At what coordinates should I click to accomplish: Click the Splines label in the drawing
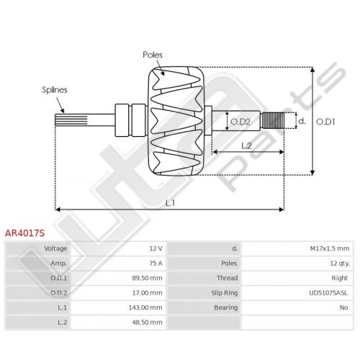55,90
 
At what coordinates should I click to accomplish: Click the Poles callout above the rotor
153,55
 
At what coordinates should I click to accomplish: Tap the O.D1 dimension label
325,122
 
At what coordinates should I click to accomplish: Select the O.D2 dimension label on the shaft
240,122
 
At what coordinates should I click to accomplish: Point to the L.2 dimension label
246,145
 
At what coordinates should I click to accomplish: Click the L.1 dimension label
170,203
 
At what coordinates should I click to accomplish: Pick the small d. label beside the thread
302,121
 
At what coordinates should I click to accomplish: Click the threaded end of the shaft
273,120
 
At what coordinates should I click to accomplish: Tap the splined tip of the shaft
71,120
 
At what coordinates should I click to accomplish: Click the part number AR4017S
24,233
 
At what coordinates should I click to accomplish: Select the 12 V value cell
156,248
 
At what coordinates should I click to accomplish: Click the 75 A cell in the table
156,264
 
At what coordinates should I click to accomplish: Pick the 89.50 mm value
147,278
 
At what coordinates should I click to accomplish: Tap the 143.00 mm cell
145,307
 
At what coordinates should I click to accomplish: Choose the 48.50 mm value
147,322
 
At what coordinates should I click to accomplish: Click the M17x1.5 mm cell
330,248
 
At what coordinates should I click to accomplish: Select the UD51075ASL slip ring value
328,293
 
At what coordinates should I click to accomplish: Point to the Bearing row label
226,307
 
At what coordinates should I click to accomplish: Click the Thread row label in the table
228,278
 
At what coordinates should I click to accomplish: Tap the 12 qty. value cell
340,264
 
